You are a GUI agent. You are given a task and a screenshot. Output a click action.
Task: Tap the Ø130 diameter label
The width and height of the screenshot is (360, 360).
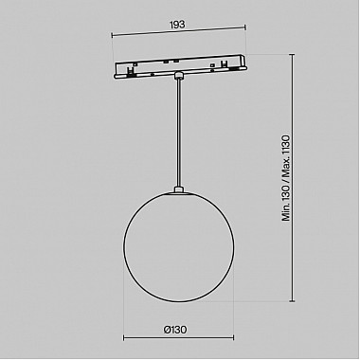click(x=175, y=331)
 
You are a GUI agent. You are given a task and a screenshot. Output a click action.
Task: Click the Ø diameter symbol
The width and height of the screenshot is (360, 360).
click(x=166, y=331)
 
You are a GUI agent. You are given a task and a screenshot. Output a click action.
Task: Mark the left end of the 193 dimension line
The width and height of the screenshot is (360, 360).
click(x=111, y=36)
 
